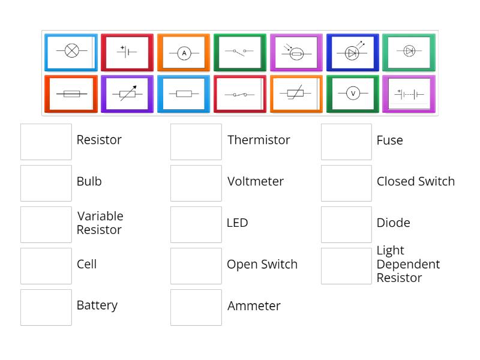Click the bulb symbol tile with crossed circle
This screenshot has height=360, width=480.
[x=71, y=52]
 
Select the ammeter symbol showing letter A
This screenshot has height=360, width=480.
[x=184, y=53]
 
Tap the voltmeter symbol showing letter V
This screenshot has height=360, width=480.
[x=353, y=94]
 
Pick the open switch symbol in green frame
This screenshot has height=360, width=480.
[x=240, y=52]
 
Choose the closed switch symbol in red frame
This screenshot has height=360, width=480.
[x=240, y=94]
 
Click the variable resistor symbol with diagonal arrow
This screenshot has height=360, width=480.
[x=127, y=94]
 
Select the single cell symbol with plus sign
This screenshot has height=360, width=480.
[x=127, y=52]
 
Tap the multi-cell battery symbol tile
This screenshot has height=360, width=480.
[x=410, y=94]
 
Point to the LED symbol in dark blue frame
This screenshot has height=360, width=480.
[x=353, y=52]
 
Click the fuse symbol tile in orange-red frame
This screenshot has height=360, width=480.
[x=71, y=94]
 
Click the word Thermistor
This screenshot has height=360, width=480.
[x=259, y=140]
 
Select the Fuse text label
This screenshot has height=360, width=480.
[x=389, y=140]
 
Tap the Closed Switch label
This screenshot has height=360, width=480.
[x=415, y=182]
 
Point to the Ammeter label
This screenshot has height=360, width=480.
[x=254, y=306]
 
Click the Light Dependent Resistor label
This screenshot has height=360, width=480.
[x=408, y=264]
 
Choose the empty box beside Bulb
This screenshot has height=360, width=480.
[x=46, y=183]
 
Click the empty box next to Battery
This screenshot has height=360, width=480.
[x=46, y=307]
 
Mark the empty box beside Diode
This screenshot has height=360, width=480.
[x=346, y=224]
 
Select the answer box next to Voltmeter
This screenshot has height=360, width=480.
[x=196, y=183]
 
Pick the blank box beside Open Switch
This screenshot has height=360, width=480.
[x=196, y=266]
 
